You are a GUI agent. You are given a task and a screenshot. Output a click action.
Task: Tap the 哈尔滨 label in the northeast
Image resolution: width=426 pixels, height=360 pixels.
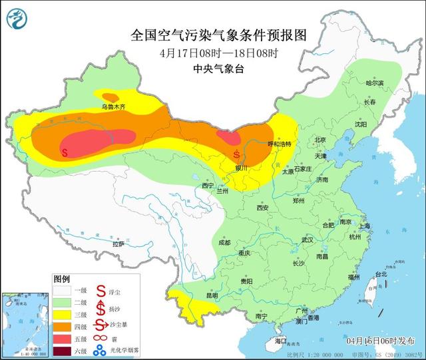(x=375, y=83)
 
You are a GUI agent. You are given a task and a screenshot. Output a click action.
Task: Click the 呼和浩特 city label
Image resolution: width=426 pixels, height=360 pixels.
(x=279, y=143)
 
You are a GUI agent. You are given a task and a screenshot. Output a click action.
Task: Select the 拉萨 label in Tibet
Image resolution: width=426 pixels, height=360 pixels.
(x=118, y=244)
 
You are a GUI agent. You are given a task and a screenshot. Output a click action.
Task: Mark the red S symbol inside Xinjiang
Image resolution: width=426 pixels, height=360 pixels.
(x=65, y=152)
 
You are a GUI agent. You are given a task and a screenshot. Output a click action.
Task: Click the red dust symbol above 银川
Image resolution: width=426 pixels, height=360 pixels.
(x=238, y=155)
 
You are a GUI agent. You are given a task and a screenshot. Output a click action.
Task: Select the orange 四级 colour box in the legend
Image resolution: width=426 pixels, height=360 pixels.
(x=63, y=327)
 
